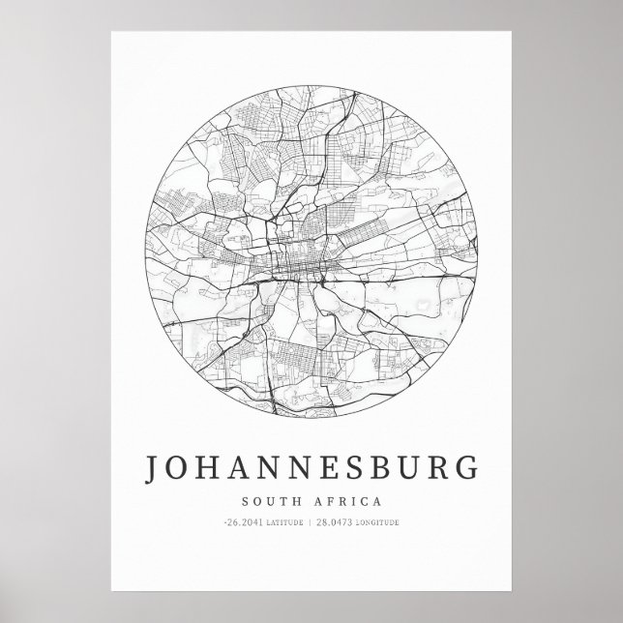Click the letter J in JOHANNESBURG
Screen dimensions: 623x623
click(x=153, y=468)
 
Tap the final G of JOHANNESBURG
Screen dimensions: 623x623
click(x=466, y=468)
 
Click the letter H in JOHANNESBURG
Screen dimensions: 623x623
click(x=211, y=468)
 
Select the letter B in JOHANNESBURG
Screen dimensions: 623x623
click(x=381, y=468)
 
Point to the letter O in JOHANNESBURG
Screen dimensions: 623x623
click(x=180, y=468)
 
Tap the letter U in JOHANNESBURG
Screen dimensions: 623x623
click(x=410, y=468)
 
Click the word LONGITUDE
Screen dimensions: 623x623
click(x=378, y=523)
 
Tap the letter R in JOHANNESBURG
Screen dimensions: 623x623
click(x=439, y=468)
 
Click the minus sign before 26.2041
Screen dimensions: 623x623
click(x=224, y=522)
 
